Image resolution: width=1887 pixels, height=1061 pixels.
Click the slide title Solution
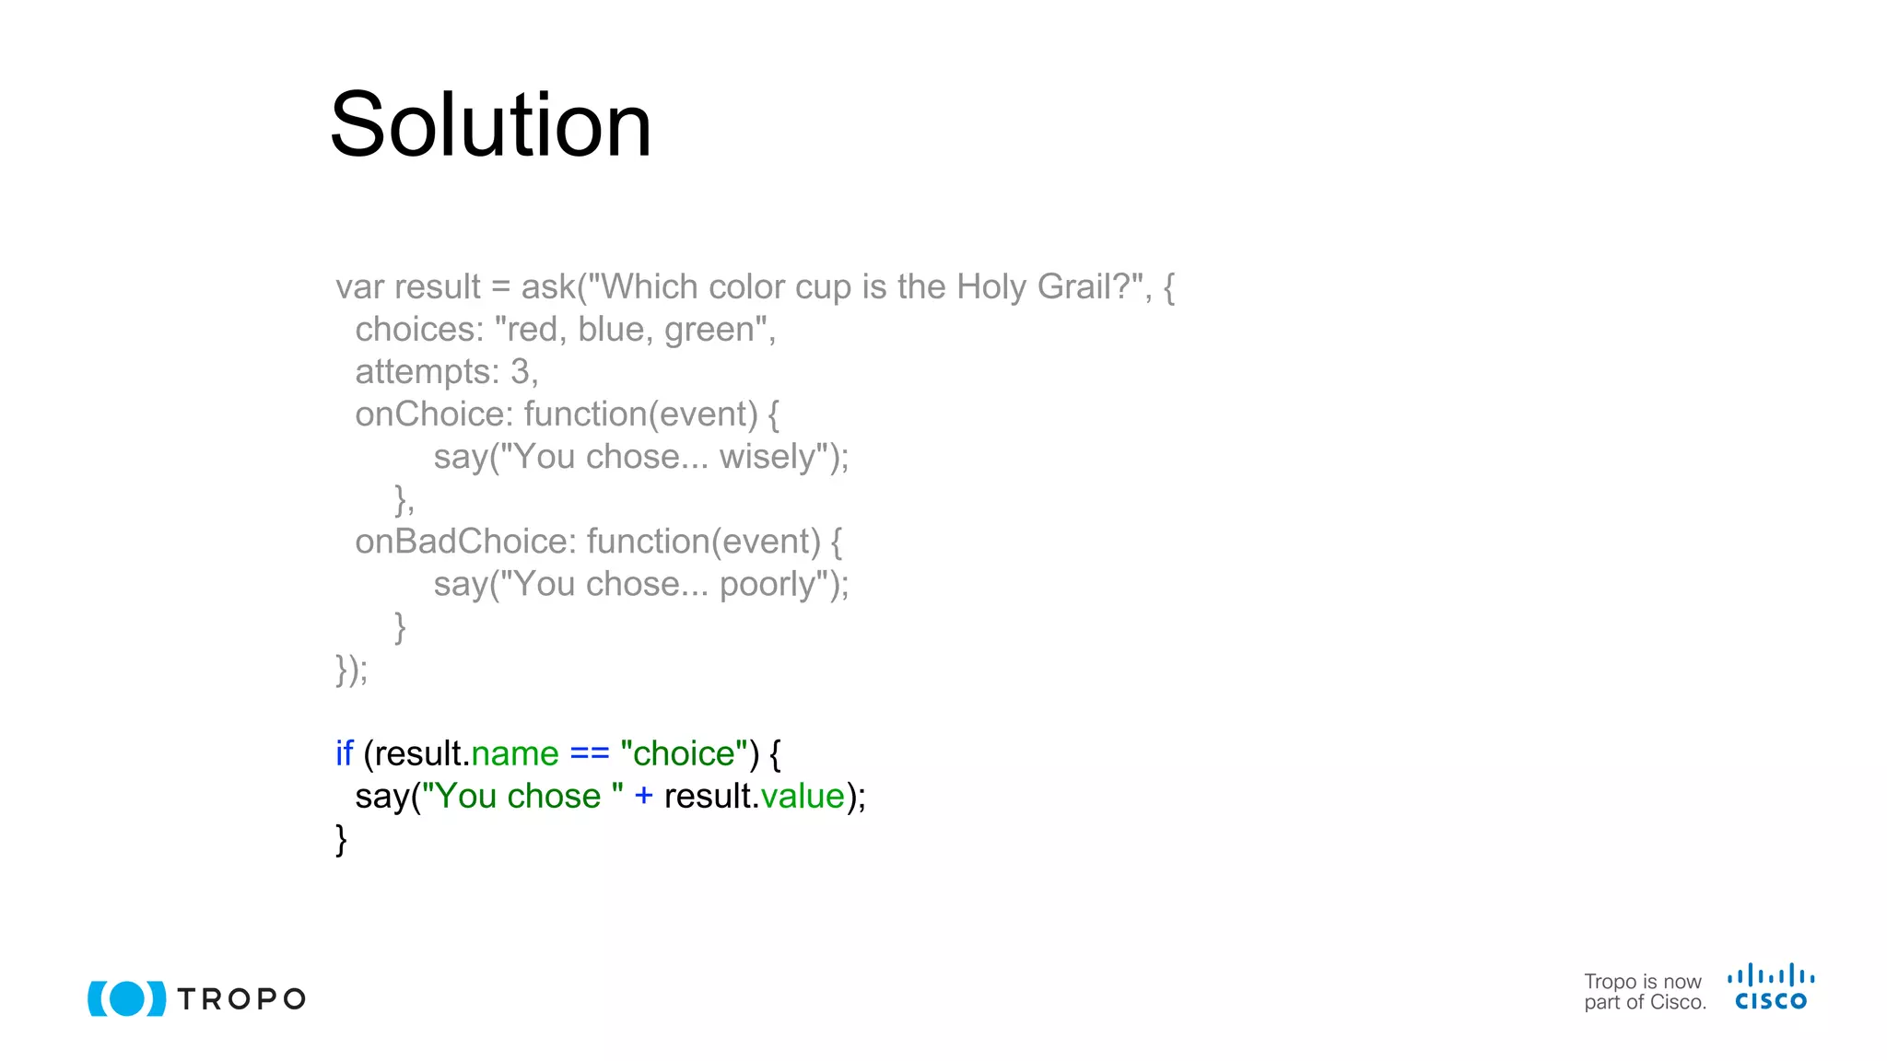pos(490,125)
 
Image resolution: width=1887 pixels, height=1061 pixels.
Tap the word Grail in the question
pos(1079,287)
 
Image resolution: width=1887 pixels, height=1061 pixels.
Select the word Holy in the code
pos(990,287)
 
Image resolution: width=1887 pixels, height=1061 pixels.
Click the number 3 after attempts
pos(520,372)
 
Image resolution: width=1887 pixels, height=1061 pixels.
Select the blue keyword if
pos(344,754)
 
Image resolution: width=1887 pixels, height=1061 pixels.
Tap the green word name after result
pos(514,754)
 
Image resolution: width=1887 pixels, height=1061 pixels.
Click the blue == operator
pos(590,754)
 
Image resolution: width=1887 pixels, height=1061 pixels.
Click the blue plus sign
pos(643,797)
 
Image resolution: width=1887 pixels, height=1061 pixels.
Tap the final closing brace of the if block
pos(341,839)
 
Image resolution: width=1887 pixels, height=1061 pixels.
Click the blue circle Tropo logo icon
pos(127,998)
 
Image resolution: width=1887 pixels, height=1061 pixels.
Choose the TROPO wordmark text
pos(241,999)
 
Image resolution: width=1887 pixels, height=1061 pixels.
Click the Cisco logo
pos(1770,987)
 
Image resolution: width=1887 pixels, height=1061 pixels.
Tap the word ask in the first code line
pos(548,287)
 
